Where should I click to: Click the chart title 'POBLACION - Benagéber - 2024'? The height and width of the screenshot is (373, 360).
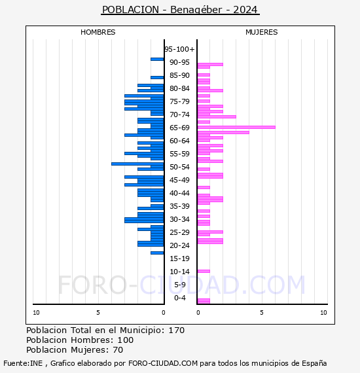(x=180, y=10)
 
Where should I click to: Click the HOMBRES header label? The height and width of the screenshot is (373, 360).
(x=98, y=32)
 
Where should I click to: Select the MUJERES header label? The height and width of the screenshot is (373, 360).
(x=261, y=32)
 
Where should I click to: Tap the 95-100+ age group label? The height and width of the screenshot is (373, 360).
(x=179, y=49)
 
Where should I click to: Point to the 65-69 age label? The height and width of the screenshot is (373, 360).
(x=179, y=128)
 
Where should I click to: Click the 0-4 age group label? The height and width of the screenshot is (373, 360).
(x=179, y=298)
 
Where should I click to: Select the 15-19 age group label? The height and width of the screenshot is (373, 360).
(x=179, y=258)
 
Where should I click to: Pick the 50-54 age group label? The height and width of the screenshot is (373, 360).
(x=179, y=167)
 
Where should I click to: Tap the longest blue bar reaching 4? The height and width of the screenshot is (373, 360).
(x=137, y=164)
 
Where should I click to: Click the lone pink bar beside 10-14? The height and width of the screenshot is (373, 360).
(x=203, y=271)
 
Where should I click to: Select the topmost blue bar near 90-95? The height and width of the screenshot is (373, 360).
(x=157, y=59)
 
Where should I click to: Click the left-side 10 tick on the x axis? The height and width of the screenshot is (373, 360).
(x=36, y=313)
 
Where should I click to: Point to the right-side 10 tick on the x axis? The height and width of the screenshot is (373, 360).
(x=323, y=313)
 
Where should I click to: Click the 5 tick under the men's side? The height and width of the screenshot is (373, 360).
(x=98, y=313)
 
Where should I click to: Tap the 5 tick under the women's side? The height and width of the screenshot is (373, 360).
(x=261, y=313)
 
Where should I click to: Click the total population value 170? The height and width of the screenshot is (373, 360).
(x=176, y=330)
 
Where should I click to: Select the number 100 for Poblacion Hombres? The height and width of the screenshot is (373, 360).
(x=124, y=340)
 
